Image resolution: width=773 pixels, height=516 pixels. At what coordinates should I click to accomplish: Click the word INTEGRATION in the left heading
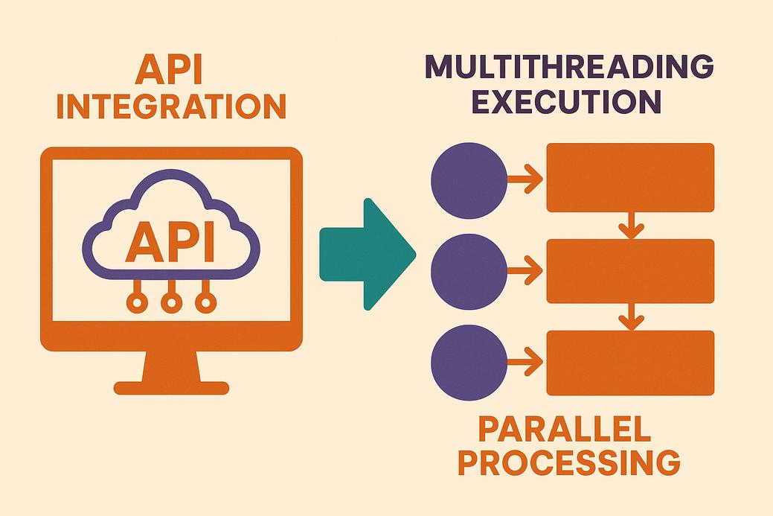tap(171, 106)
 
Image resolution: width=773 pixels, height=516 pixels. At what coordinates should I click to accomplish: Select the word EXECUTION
tap(567, 101)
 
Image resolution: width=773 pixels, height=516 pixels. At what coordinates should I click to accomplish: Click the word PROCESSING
tap(568, 463)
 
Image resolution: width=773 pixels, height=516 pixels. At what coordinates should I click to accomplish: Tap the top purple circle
tap(469, 179)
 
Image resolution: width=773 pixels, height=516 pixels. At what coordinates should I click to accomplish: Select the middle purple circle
tap(469, 271)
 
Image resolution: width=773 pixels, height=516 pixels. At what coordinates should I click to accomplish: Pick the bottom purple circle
tap(469, 363)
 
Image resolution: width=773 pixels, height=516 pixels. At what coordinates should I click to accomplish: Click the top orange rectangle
tap(630, 178)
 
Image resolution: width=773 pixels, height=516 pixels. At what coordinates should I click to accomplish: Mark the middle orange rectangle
tap(630, 271)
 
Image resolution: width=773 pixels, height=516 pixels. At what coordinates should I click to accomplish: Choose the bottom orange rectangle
tap(630, 363)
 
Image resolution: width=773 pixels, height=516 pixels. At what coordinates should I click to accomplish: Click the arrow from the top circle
tap(526, 179)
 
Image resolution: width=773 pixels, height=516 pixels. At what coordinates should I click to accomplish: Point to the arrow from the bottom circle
tap(526, 363)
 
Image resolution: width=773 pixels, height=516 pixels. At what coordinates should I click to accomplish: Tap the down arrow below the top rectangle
tap(630, 225)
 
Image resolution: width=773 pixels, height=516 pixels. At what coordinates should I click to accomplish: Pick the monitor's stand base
tap(171, 387)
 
